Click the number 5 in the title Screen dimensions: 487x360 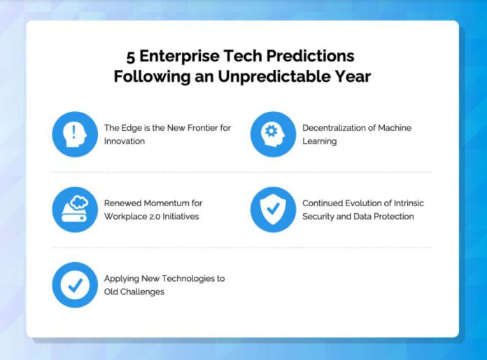130,57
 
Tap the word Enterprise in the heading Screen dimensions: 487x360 179,56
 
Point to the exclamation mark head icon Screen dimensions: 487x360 75,134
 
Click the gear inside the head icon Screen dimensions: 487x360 271,131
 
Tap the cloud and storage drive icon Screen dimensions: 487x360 75,210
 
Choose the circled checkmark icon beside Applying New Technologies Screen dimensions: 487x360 75,285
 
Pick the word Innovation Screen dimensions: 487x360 125,141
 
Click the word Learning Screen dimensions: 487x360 320,141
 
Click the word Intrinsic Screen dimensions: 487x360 409,203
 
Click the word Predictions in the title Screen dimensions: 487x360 310,56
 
